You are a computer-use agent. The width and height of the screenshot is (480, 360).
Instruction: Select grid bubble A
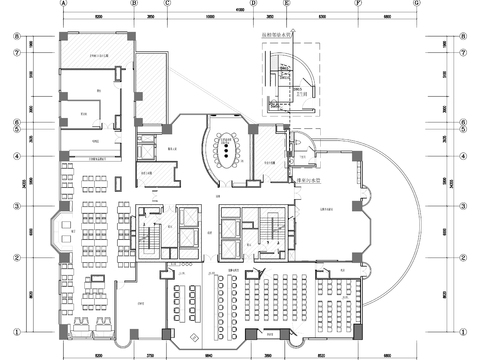(63, 4)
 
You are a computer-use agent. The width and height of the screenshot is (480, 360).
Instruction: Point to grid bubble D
(253, 4)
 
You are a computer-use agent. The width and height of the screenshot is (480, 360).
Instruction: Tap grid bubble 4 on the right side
(464, 156)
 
